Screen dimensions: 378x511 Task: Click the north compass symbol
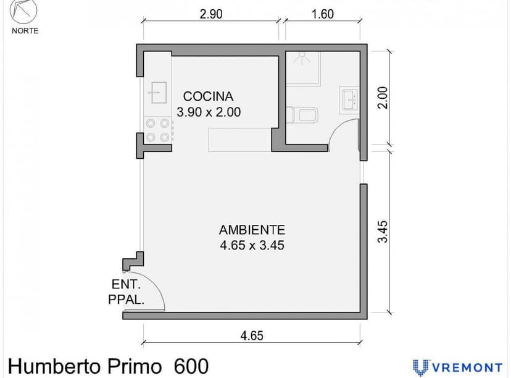point(24,12)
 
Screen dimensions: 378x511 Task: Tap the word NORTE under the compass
point(25,31)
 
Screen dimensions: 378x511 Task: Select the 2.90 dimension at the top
point(211,14)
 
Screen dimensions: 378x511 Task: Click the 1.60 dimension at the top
point(322,14)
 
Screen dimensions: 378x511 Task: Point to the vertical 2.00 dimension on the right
point(383,98)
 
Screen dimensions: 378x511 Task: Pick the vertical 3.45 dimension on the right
point(383,231)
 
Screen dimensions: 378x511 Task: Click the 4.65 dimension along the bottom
point(251,335)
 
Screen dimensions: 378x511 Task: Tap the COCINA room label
point(208,96)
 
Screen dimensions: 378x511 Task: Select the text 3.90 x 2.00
point(208,112)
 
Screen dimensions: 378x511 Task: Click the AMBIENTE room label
point(251,229)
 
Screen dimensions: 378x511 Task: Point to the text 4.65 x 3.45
point(251,245)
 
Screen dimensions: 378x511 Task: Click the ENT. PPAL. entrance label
point(128,293)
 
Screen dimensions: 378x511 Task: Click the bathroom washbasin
point(349,99)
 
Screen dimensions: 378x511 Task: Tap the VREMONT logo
point(457,367)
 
